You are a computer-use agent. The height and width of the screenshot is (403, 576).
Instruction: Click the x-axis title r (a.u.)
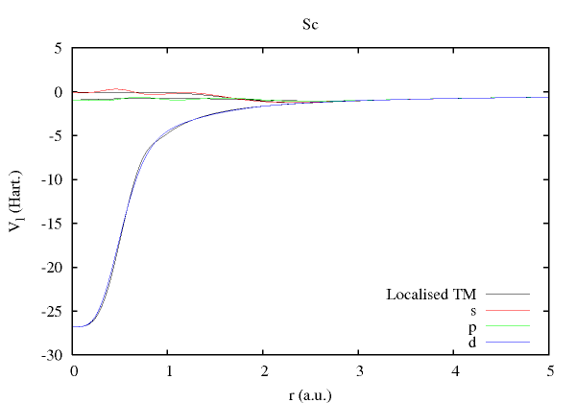tap(311, 391)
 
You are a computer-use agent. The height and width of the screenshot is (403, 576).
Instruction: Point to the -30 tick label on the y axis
tap(53, 354)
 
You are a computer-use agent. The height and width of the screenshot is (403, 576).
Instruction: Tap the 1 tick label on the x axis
tap(169, 369)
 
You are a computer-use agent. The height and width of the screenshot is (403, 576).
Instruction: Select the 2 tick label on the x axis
tap(264, 369)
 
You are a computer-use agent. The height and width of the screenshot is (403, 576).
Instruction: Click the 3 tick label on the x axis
tap(359, 369)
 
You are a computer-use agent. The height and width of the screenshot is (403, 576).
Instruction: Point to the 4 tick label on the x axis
tap(454, 369)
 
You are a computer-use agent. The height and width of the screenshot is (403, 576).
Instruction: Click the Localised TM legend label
tap(431, 294)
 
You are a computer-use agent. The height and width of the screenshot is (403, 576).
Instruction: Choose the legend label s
tap(473, 310)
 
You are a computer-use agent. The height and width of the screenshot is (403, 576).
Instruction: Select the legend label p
tap(473, 326)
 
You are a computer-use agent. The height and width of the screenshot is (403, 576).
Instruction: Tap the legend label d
tap(473, 342)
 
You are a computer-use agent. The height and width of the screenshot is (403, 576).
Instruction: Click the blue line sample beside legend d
tap(508, 343)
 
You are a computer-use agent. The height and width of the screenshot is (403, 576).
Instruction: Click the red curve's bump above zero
tap(116, 89)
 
